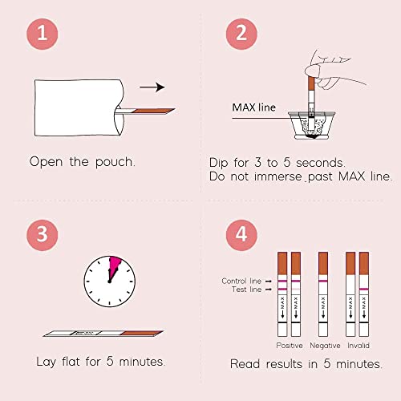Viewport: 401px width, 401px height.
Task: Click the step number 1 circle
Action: click(x=43, y=34)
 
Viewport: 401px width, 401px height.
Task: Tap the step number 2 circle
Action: click(x=241, y=34)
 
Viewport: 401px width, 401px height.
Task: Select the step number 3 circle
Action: click(x=43, y=235)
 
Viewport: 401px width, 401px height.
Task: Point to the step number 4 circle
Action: click(x=241, y=235)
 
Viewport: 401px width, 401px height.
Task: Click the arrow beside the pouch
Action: click(x=152, y=87)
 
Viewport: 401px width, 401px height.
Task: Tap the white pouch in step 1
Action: click(x=79, y=107)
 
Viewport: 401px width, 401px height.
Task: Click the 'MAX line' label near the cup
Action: click(x=253, y=107)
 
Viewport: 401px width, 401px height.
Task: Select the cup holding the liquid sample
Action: click(x=311, y=125)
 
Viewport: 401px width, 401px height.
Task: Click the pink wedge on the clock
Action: click(x=114, y=267)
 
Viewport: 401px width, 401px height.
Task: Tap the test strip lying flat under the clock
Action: click(x=103, y=334)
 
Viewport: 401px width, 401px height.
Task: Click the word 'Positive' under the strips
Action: click(x=290, y=346)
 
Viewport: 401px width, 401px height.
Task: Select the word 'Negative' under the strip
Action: click(x=325, y=346)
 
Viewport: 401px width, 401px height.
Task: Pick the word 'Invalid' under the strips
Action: click(x=358, y=346)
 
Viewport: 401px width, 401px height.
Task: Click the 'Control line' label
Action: click(x=241, y=281)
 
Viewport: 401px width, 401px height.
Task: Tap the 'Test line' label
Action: click(x=246, y=290)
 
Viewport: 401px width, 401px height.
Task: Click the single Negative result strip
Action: click(x=323, y=294)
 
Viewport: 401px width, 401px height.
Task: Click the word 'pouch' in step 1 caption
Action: click(x=115, y=162)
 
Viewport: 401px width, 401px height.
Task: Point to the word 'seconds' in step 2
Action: click(x=321, y=163)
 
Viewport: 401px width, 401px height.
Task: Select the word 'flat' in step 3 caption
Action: click(x=71, y=362)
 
